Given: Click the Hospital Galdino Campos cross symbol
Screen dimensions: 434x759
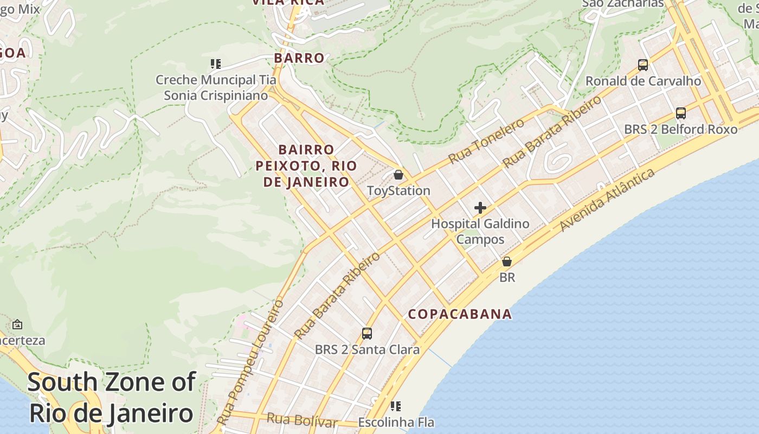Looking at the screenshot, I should point(480,208).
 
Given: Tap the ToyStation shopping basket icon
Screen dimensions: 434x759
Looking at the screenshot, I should point(398,175).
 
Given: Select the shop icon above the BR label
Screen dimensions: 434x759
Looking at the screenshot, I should point(507,261).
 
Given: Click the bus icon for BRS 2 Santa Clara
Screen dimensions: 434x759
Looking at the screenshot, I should point(367,334).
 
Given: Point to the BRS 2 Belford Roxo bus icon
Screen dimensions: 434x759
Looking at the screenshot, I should point(681,113).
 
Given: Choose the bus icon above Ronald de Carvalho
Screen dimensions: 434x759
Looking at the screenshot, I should point(643,65).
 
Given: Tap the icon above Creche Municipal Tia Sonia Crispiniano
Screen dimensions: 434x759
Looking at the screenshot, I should point(216,64).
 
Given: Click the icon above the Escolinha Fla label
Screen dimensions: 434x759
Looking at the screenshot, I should point(396,406).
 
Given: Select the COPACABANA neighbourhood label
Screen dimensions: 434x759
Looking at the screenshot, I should point(460,314).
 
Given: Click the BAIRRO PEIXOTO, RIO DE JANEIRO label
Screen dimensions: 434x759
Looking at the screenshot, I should point(306,165).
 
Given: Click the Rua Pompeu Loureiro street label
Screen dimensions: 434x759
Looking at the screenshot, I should point(250,362).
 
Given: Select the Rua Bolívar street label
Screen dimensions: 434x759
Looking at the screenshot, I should point(302,420).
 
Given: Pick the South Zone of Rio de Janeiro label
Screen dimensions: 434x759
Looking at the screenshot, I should point(111,398).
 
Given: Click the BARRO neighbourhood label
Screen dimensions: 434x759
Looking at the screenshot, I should point(299,58).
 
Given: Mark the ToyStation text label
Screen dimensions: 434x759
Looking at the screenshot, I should point(398,191).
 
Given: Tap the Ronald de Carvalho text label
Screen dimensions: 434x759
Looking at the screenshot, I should point(643,81).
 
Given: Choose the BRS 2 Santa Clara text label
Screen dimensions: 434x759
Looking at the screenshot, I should point(367,350).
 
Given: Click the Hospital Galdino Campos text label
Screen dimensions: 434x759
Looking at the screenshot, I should point(480,231).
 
